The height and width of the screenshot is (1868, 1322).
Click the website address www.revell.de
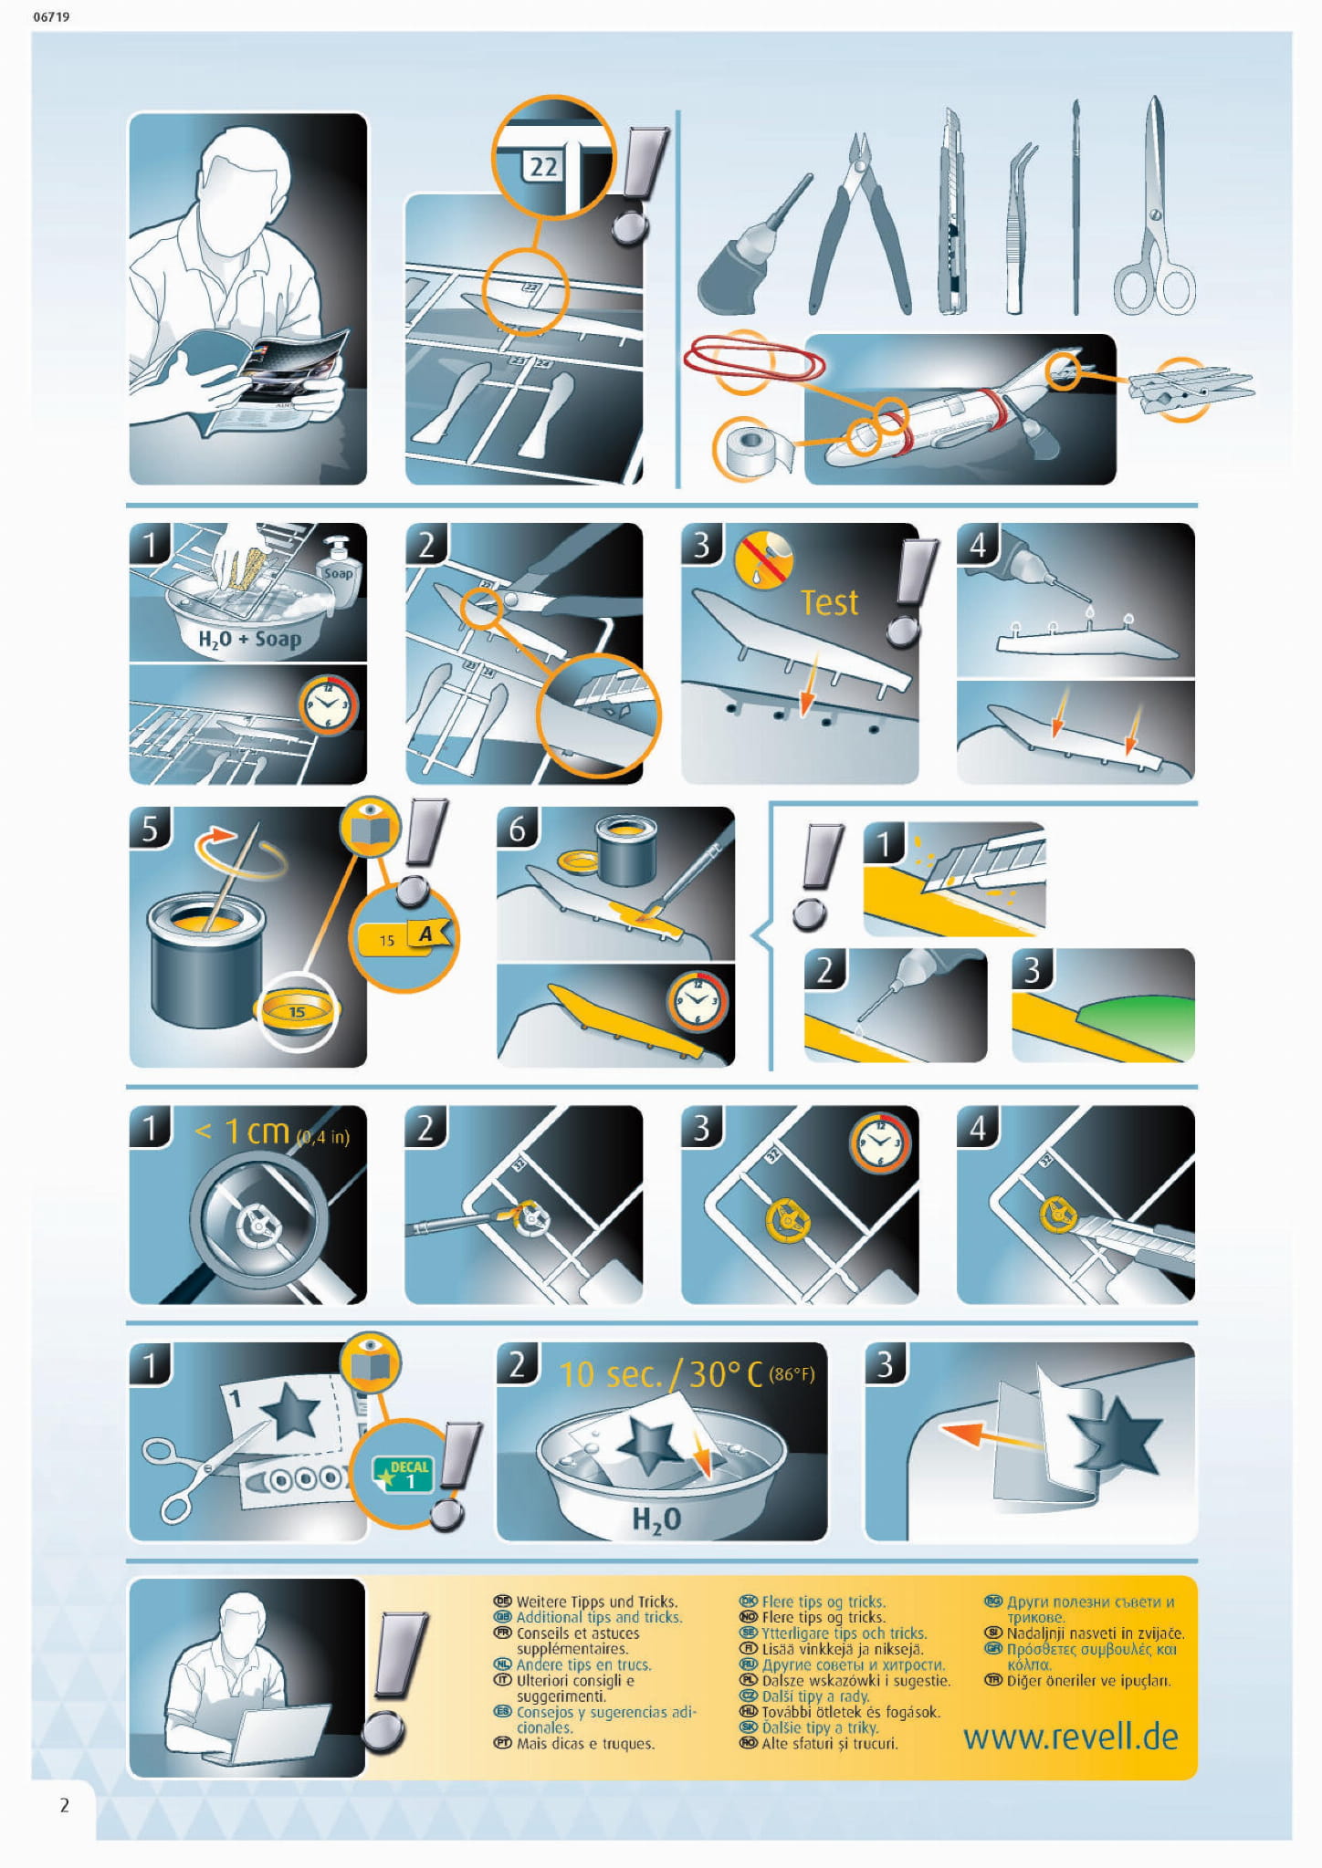tap(1070, 1737)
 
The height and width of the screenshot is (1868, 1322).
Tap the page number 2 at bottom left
tap(64, 1805)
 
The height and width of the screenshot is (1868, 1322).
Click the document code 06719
tap(51, 16)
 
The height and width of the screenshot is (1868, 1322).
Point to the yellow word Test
tap(829, 602)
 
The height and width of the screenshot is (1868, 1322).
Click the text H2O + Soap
tap(249, 639)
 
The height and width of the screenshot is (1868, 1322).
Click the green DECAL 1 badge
tap(403, 1474)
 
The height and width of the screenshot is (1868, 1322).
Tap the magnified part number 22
tap(543, 166)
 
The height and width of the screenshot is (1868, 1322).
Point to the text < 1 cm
tap(242, 1132)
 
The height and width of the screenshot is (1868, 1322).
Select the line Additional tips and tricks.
tap(599, 1617)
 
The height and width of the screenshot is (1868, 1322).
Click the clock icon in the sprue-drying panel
tap(328, 704)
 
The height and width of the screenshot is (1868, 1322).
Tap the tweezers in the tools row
tap(1021, 228)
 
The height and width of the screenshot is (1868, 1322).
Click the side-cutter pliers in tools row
tap(858, 224)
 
